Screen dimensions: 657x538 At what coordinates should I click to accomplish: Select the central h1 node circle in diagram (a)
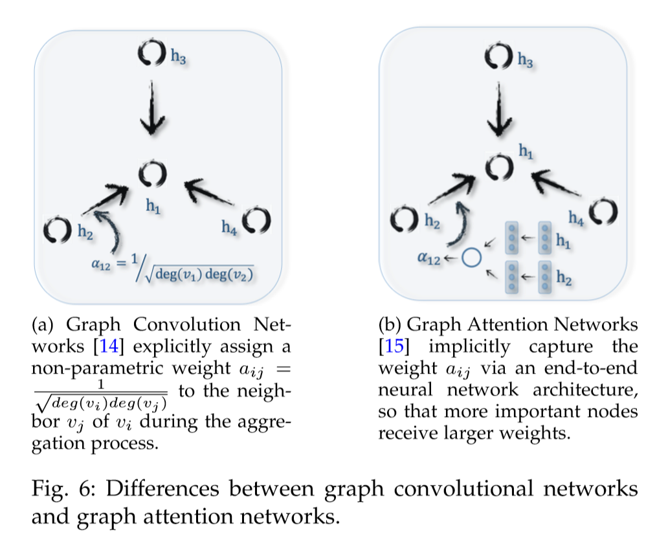tap(153, 174)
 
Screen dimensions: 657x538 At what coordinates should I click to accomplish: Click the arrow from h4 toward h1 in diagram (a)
tap(206, 194)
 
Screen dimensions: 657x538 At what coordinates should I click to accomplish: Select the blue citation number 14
tap(107, 347)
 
